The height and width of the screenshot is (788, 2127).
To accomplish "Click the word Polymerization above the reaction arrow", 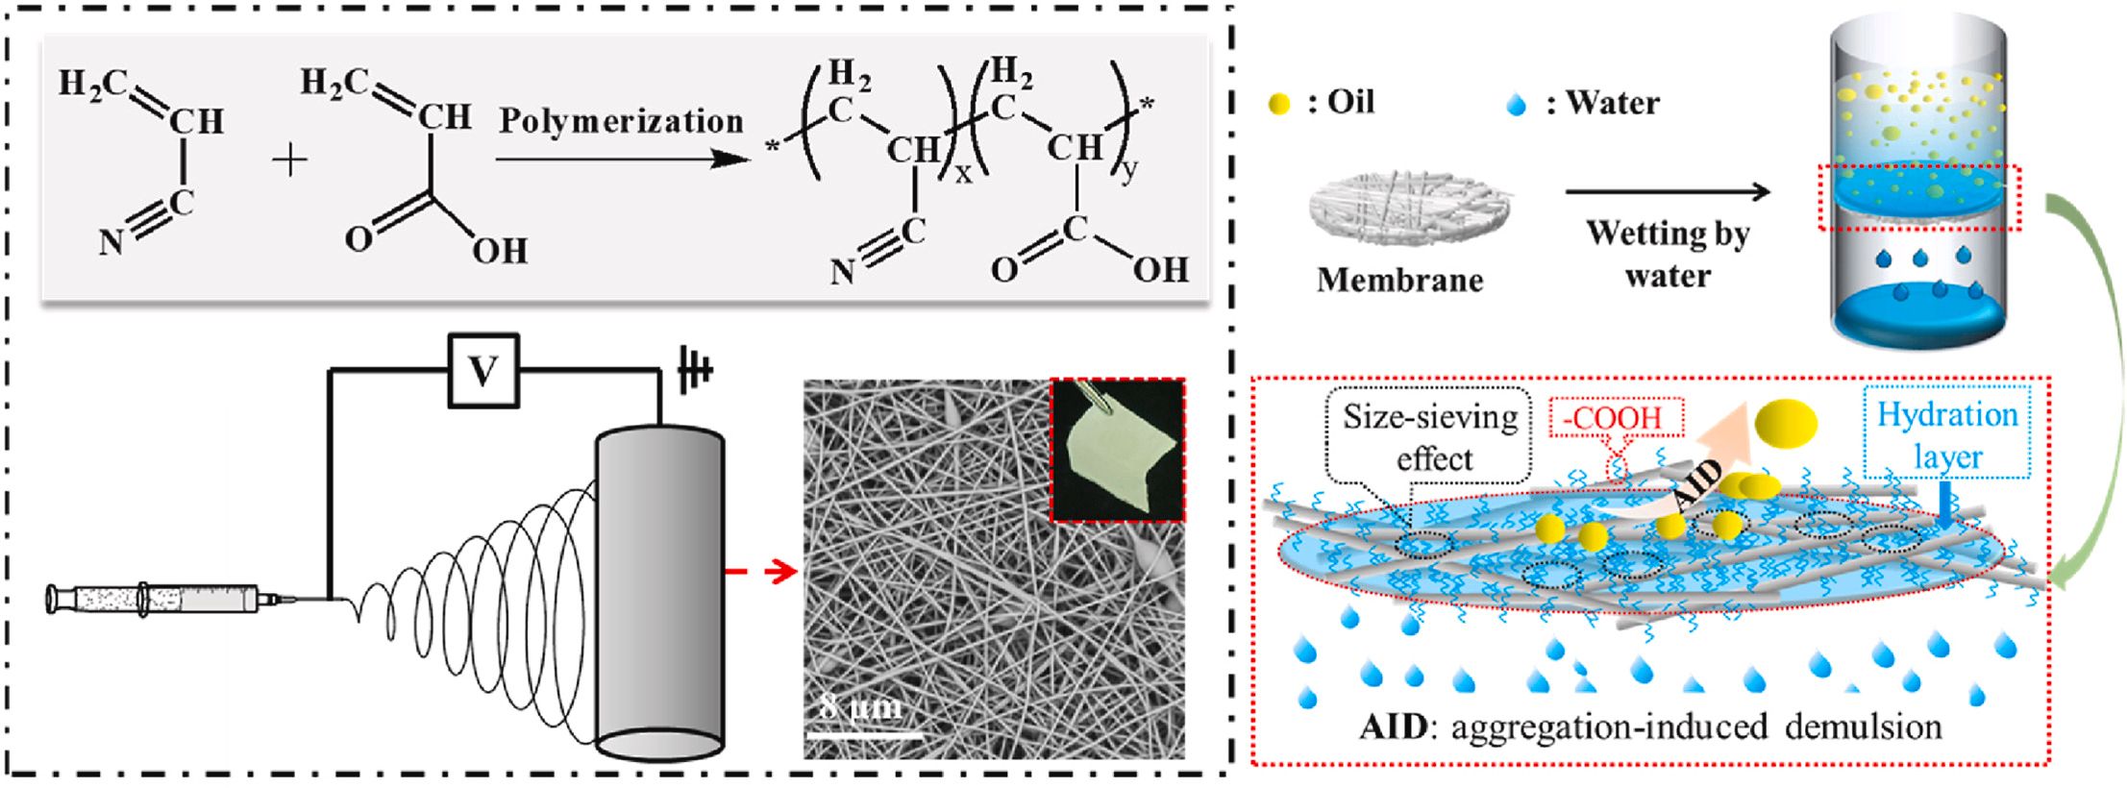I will (621, 122).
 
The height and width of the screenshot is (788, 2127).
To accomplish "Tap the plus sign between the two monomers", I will (289, 160).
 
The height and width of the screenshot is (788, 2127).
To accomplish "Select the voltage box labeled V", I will (483, 370).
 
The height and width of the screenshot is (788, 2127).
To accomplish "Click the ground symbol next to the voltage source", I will (694, 370).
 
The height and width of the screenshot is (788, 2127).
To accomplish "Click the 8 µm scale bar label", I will (861, 707).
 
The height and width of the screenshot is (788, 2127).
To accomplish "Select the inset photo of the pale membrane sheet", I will (1118, 450).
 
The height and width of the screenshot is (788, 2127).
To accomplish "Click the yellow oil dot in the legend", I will (1278, 104).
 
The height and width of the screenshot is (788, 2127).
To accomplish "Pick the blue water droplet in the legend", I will (1516, 104).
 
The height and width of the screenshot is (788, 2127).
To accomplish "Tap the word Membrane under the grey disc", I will (1399, 280).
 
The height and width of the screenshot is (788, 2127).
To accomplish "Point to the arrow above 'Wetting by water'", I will (1668, 192).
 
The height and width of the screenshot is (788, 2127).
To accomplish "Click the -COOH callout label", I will (1617, 418).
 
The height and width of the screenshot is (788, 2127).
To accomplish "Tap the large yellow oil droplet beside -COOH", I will (1786, 423).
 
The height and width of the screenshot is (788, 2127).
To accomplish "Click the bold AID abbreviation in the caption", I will (1393, 726).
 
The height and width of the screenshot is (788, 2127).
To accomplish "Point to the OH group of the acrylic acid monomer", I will (500, 252).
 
